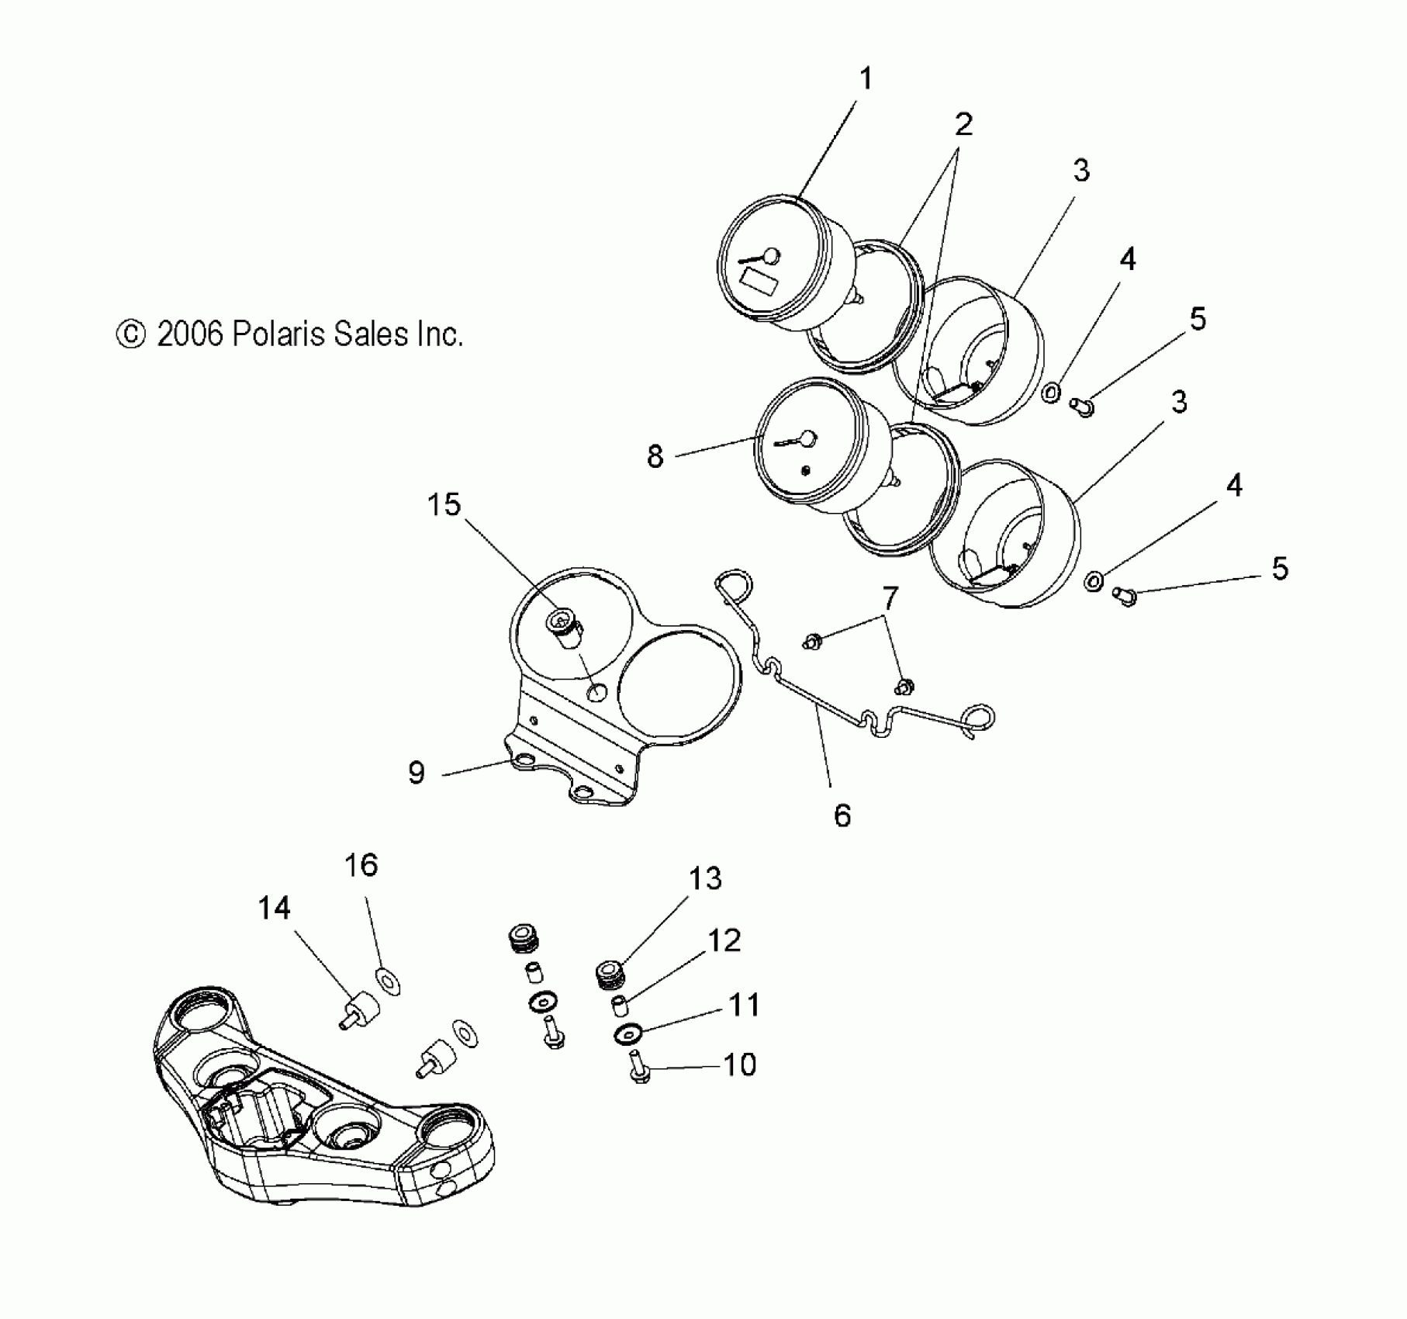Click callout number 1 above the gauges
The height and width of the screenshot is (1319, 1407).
point(866,79)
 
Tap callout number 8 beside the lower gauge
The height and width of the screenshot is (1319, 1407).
point(655,457)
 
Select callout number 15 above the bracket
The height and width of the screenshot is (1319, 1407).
point(444,505)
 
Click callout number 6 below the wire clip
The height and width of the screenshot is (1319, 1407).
point(842,815)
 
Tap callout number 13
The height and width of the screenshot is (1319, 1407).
point(705,879)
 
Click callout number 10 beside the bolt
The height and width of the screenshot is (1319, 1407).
point(739,1065)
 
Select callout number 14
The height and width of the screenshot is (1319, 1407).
point(274,908)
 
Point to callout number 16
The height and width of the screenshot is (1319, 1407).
point(361,865)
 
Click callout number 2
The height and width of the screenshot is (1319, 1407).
point(963,124)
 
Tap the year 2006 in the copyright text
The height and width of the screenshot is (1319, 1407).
point(190,334)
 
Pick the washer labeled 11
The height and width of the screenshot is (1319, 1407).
point(627,1033)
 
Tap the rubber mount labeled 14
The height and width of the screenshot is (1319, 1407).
point(362,1011)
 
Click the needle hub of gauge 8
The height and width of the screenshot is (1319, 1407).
point(807,439)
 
